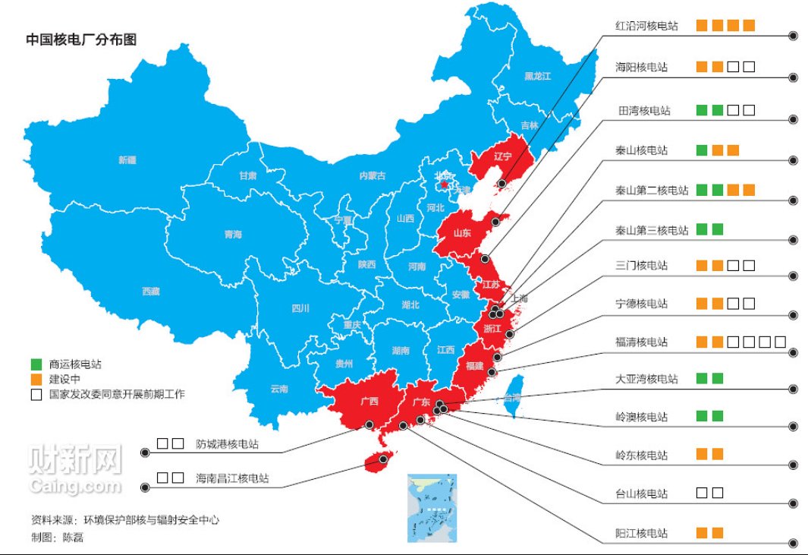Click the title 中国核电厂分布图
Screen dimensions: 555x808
click(81, 39)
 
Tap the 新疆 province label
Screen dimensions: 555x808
click(127, 160)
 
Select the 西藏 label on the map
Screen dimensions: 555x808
click(150, 291)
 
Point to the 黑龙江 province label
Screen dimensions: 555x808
click(537, 77)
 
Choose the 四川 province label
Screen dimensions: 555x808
click(300, 308)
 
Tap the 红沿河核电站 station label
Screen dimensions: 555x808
click(646, 26)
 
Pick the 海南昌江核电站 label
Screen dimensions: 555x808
click(231, 479)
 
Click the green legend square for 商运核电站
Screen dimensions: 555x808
click(36, 364)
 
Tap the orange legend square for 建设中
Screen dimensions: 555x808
click(36, 379)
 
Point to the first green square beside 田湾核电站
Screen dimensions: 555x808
click(702, 111)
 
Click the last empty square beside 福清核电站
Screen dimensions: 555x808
click(780, 342)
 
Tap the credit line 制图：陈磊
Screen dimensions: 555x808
click(58, 537)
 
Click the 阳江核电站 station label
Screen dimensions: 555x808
click(642, 534)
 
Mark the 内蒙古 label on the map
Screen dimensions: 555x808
click(373, 175)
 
